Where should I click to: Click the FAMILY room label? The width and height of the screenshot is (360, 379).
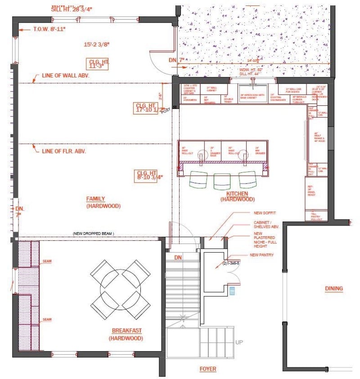click(x=95, y=199)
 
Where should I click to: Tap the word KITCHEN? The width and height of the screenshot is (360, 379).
click(x=237, y=193)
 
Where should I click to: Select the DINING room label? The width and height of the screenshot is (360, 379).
click(x=334, y=289)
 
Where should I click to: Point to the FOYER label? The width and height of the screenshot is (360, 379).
click(x=208, y=369)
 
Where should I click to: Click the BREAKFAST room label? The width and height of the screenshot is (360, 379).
click(x=126, y=331)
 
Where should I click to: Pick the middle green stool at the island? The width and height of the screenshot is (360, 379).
click(x=222, y=180)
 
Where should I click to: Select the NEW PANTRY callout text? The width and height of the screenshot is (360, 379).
click(x=262, y=255)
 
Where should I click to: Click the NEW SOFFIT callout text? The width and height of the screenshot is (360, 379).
click(x=264, y=212)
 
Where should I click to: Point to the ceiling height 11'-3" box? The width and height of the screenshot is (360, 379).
click(x=98, y=63)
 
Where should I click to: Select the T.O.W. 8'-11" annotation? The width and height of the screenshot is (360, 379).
click(x=49, y=29)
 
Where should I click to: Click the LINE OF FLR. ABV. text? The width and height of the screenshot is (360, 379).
click(x=64, y=151)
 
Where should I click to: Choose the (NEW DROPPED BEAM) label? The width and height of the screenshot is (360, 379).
click(x=94, y=234)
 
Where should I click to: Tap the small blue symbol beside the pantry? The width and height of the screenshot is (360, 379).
click(x=232, y=290)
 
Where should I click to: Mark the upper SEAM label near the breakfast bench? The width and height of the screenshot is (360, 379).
click(x=47, y=261)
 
